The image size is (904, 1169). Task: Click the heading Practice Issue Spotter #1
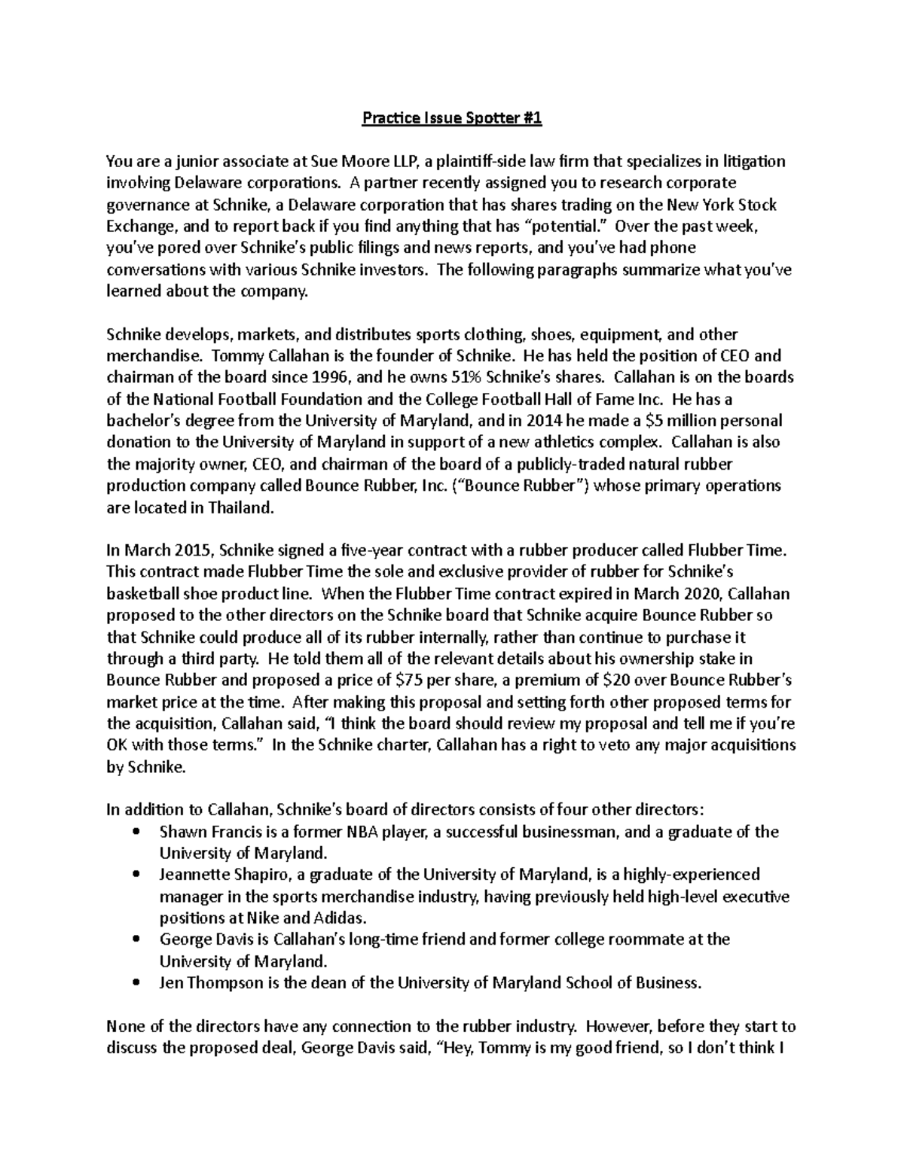(452, 118)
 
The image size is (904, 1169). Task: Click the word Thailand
(238, 507)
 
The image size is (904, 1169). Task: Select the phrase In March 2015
(154, 551)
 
